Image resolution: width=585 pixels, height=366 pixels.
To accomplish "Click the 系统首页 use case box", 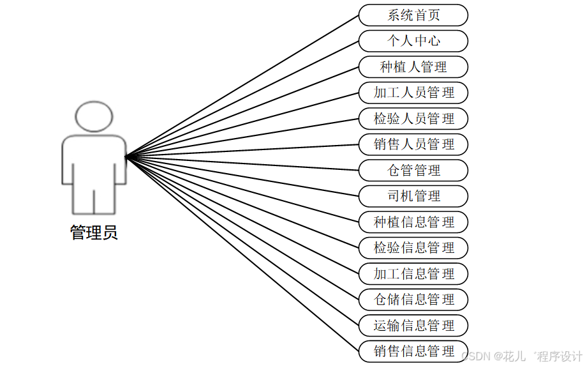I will point(413,15).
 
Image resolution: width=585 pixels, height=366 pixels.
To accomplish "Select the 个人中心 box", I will point(413,41).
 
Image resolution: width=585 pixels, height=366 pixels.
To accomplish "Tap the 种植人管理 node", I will point(413,67).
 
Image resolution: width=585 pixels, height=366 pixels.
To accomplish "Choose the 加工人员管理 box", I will point(413,93).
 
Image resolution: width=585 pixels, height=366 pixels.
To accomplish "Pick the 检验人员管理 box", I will point(413,119).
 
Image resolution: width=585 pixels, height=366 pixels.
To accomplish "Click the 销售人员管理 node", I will point(413,144).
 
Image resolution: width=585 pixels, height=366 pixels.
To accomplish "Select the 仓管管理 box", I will point(413,171).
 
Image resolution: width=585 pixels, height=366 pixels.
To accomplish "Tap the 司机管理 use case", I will point(413,196).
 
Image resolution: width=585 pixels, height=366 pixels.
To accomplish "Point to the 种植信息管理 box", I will point(413,222).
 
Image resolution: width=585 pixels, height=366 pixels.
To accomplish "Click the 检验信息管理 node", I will point(413,248).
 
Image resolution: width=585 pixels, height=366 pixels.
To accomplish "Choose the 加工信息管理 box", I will point(413,274).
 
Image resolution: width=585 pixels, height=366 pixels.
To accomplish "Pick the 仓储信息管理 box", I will point(413,300).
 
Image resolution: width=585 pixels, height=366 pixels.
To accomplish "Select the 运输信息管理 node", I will point(413,326).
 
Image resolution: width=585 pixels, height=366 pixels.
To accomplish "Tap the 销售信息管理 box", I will point(413,351).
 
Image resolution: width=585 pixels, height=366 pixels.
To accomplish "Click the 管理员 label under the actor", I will point(94,233).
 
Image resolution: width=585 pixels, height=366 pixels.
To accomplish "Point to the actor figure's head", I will point(94,117).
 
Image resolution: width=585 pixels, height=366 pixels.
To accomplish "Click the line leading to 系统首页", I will point(242,86).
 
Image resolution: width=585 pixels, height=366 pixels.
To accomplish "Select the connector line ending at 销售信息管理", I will point(242,254).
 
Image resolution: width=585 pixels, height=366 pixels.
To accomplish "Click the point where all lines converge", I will point(126,156).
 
